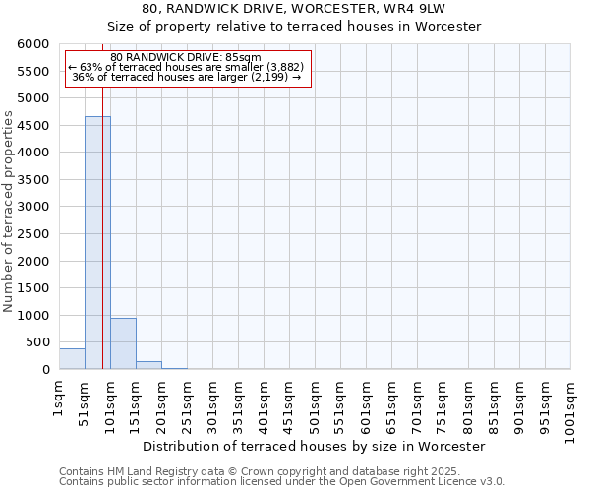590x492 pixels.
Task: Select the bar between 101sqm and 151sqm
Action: (x=123, y=343)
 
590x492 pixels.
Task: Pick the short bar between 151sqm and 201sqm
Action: (x=148, y=365)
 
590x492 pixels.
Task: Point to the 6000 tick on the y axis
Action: (x=32, y=44)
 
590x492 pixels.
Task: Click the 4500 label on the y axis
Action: (x=32, y=126)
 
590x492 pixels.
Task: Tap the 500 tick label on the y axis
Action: (x=36, y=342)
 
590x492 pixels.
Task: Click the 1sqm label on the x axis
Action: (x=59, y=399)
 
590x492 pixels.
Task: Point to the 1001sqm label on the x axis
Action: (x=570, y=409)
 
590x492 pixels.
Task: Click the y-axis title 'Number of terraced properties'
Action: (x=9, y=212)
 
